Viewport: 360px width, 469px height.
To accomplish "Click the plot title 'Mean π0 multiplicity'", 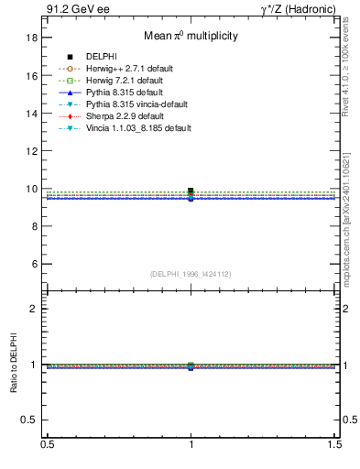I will point(191,37).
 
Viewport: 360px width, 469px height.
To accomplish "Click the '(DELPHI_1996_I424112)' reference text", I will point(191,274).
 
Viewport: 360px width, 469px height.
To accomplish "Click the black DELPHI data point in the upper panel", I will point(191,191).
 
